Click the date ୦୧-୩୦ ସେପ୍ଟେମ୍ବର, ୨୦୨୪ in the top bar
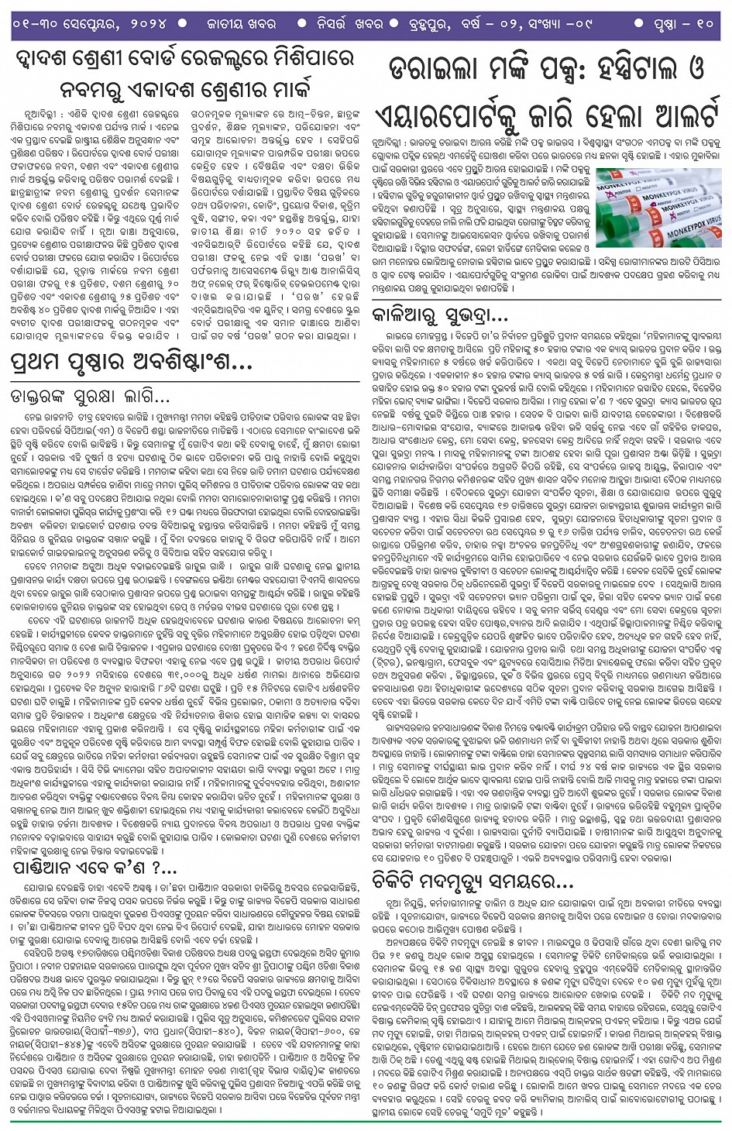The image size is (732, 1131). (x=91, y=24)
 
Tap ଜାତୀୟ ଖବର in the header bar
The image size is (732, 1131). (x=241, y=24)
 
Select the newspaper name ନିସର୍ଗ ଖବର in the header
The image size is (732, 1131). (x=349, y=24)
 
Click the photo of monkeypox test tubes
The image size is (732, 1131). (x=658, y=207)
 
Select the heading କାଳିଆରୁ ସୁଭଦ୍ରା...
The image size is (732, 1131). (x=440, y=315)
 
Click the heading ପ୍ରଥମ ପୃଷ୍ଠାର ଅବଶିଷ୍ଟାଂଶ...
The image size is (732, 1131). (x=132, y=361)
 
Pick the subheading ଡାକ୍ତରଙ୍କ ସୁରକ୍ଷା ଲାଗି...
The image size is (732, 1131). (x=90, y=397)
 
